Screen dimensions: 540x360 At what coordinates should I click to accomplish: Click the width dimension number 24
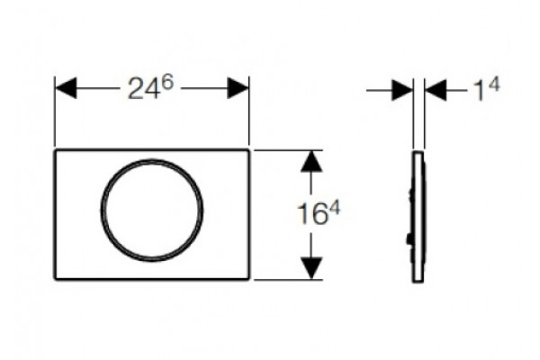[x=143, y=90]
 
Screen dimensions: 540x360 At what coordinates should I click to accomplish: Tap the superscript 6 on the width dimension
[x=167, y=83]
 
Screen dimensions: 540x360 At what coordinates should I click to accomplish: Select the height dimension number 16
[x=311, y=214]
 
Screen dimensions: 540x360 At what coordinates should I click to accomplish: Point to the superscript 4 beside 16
[x=333, y=208]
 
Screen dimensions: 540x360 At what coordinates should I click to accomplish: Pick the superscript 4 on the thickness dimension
[x=493, y=85]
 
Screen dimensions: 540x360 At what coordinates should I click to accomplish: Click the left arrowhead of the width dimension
[x=66, y=88]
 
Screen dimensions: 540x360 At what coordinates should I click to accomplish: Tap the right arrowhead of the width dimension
[x=238, y=88]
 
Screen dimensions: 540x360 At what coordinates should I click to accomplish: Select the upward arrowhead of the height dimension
[x=311, y=161]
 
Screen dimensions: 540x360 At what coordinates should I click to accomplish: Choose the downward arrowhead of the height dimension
[x=311, y=267]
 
